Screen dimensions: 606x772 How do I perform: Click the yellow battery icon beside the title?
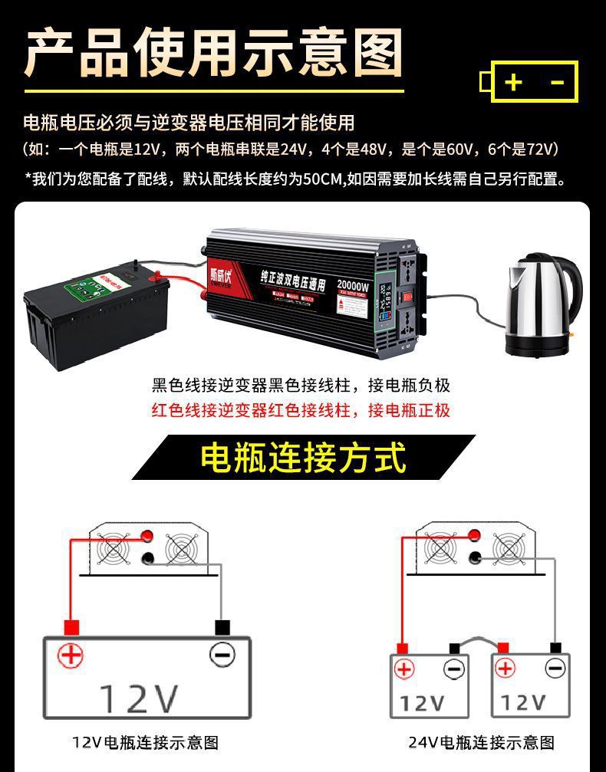tap(529, 81)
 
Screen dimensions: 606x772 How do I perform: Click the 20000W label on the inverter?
tap(353, 288)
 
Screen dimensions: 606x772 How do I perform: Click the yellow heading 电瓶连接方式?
tap(303, 458)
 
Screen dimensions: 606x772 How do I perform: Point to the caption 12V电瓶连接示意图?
tap(146, 742)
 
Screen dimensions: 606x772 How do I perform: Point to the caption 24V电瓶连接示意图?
tap(481, 742)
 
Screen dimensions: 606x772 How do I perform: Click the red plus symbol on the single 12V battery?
tap(71, 655)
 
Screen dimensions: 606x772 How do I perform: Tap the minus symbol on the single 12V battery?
tap(222, 655)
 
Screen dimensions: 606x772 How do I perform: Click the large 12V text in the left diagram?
tap(138, 698)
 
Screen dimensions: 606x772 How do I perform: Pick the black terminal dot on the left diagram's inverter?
tap(147, 559)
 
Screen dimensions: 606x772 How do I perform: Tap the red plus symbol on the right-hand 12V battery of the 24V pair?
tap(505, 669)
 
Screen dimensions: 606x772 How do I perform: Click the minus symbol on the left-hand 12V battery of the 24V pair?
tap(454, 669)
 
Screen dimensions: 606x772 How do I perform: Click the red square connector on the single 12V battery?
tap(71, 627)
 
